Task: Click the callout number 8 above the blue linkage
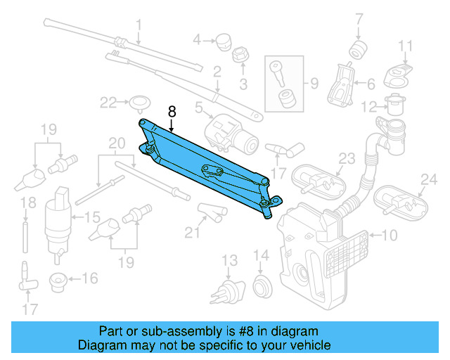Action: [172, 111]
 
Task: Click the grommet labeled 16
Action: [58, 282]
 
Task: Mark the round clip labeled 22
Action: [137, 103]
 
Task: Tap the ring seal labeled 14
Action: [261, 285]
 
